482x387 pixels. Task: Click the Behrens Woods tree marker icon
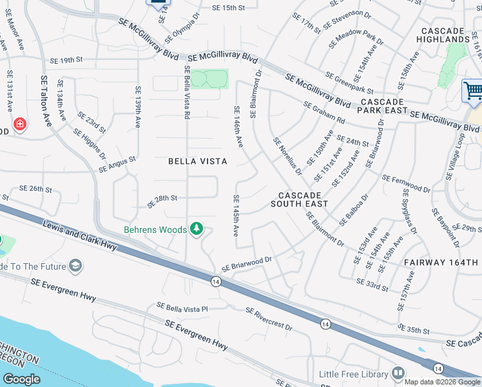[x=197, y=230]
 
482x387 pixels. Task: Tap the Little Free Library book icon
[x=398, y=373]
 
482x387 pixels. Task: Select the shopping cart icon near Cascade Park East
[x=473, y=90]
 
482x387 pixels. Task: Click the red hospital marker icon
[x=20, y=124]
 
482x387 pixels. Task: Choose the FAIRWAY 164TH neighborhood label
[x=442, y=263]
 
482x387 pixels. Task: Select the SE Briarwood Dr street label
[x=247, y=264]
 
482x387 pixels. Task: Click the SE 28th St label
[x=162, y=200]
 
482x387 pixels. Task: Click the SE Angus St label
[x=118, y=164]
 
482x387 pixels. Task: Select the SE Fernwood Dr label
[x=406, y=183]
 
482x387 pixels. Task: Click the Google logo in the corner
[x=21, y=379]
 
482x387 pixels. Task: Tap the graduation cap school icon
[x=75, y=266]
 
